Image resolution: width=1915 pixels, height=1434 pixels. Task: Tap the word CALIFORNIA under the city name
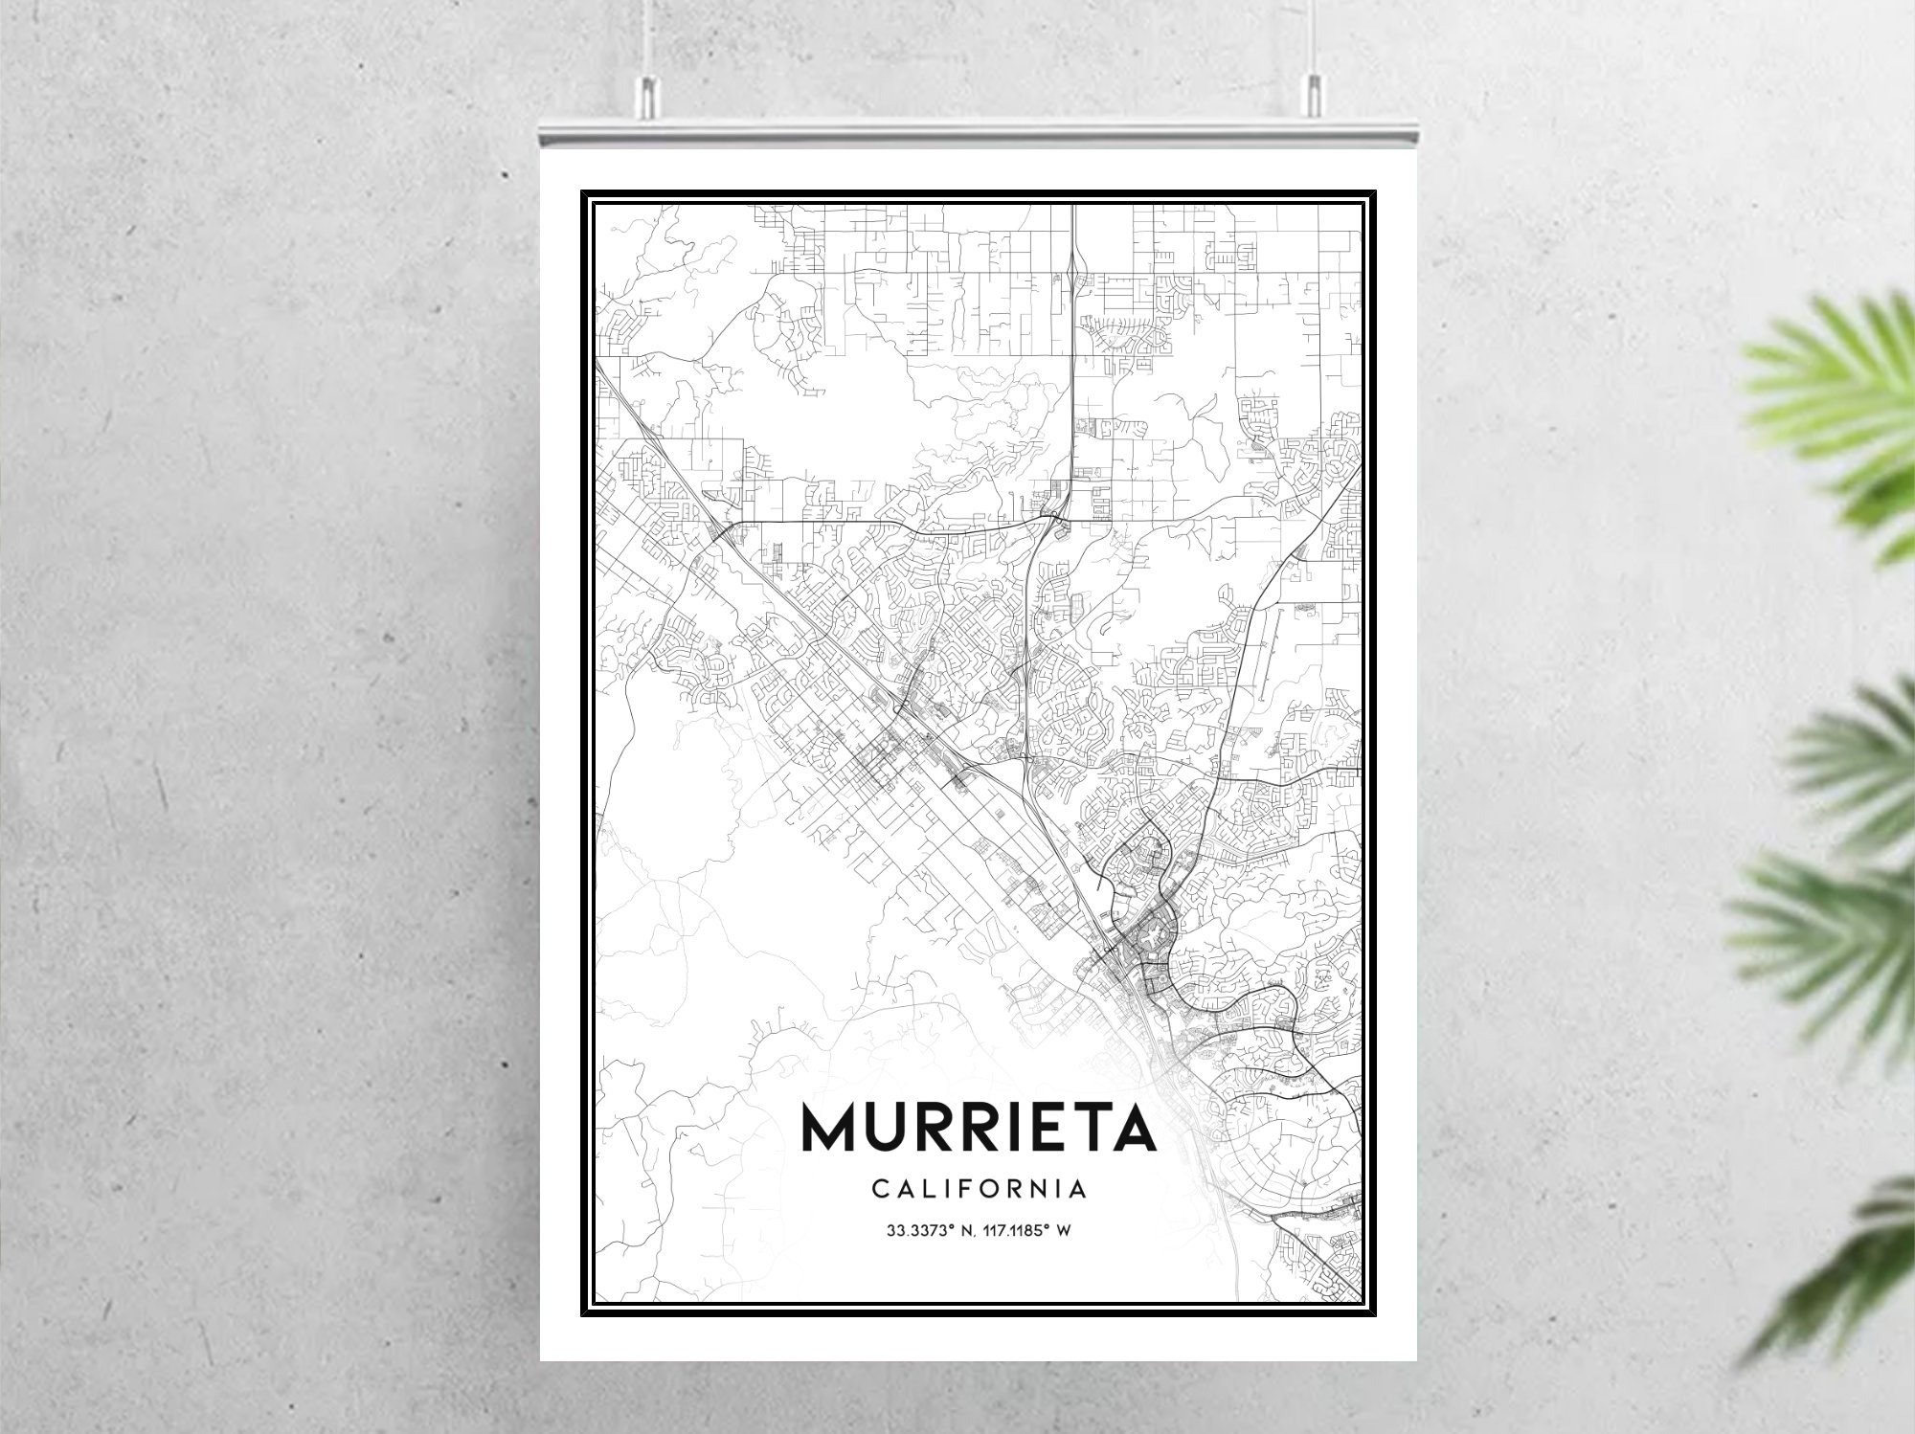[x=980, y=1189]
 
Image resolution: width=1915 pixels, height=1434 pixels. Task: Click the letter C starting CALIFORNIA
[x=879, y=1189]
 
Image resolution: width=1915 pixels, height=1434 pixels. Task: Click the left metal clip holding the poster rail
[x=648, y=96]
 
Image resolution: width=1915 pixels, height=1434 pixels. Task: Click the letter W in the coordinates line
[x=1063, y=1230]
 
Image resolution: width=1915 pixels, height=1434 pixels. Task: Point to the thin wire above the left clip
[x=647, y=38]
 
